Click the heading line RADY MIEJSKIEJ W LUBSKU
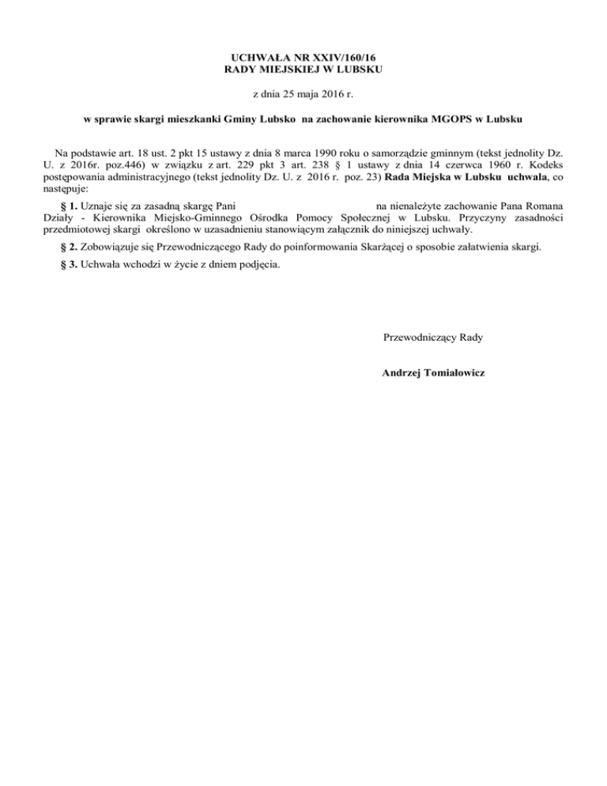(303, 70)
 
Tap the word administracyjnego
(142, 178)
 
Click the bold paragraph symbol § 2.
(68, 248)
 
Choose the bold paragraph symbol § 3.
(68, 265)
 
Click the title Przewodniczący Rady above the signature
(432, 338)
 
